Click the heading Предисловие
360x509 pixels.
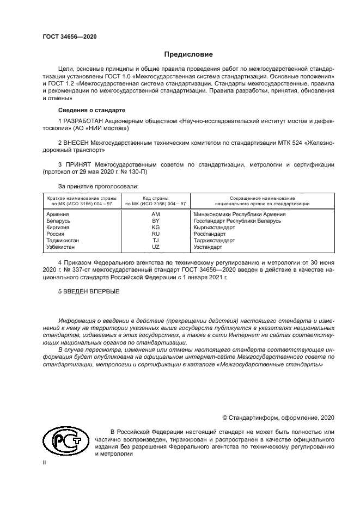[x=188, y=54]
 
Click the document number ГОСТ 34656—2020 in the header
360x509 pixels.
[x=69, y=36]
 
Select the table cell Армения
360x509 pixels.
[x=58, y=214]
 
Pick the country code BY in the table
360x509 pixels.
[x=155, y=221]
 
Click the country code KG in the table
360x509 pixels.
[x=155, y=228]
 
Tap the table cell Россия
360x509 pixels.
[x=56, y=234]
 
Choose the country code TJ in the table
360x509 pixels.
[x=155, y=240]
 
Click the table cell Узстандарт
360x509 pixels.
[x=208, y=247]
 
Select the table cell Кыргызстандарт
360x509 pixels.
[x=214, y=228]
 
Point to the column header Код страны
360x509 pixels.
[x=155, y=198]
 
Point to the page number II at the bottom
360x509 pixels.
[x=44, y=462]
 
